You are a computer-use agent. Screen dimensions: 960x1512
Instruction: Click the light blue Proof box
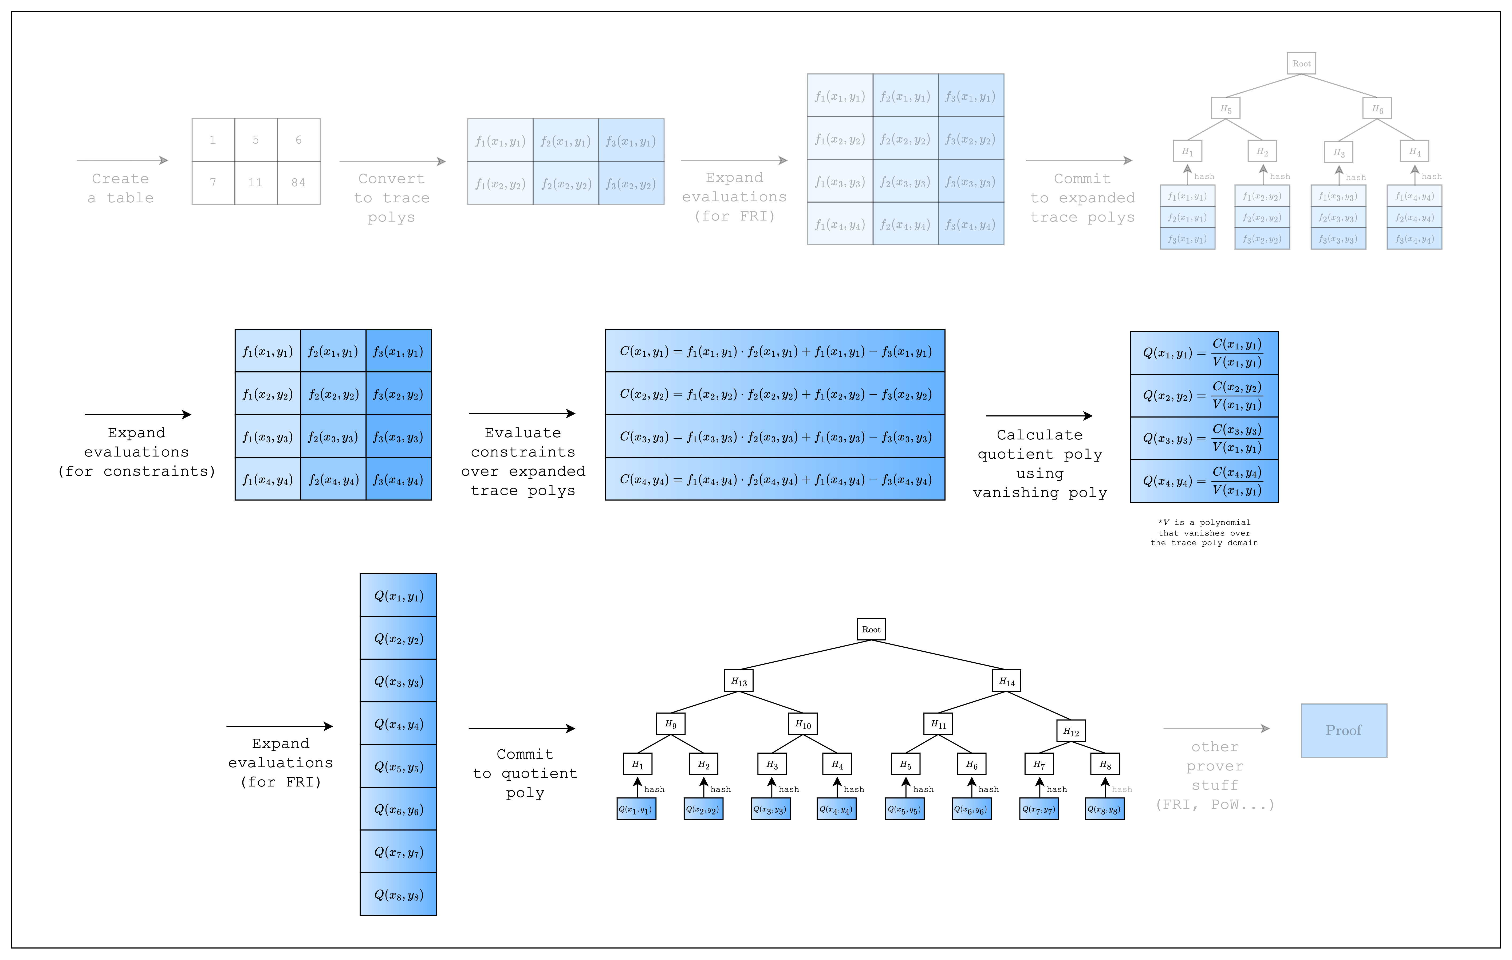[1344, 730]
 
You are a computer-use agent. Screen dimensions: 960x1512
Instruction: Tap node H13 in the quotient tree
[739, 681]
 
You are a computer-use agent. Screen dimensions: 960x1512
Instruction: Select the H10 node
[803, 724]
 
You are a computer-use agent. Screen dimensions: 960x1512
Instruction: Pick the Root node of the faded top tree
[1301, 64]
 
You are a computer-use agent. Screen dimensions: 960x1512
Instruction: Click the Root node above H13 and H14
[871, 629]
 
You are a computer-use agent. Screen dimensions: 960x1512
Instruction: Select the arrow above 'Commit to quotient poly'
[521, 728]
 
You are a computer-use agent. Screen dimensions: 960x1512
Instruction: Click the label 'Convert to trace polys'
[391, 198]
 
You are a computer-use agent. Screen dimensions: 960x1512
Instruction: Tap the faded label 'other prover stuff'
[1214, 776]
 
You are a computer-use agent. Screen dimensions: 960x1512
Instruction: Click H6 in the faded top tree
[1377, 109]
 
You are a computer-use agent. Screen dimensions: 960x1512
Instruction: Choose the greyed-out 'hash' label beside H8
[1121, 789]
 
